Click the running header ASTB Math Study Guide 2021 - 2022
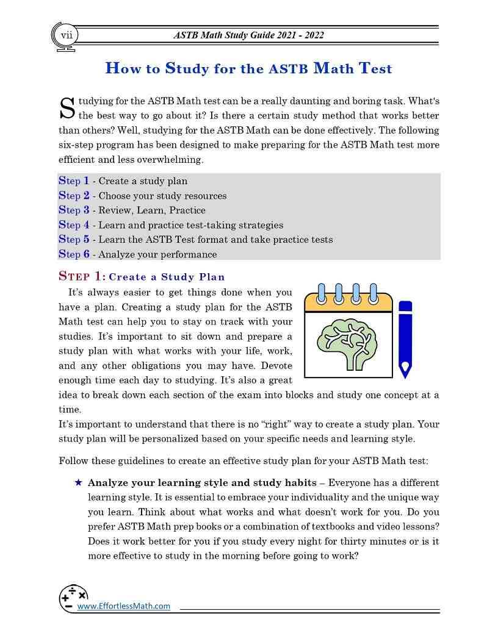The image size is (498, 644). (249, 35)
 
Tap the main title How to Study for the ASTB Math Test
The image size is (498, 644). (248, 68)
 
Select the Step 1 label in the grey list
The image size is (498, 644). (74, 181)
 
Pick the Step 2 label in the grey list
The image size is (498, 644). (74, 196)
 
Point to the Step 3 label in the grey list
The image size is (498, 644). (74, 210)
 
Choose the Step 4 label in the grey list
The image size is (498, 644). (74, 225)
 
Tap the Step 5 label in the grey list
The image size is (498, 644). (74, 240)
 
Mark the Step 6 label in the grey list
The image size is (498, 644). (74, 254)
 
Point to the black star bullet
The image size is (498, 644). (78, 482)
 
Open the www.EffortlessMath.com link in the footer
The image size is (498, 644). (123, 606)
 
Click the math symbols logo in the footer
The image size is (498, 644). (73, 597)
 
